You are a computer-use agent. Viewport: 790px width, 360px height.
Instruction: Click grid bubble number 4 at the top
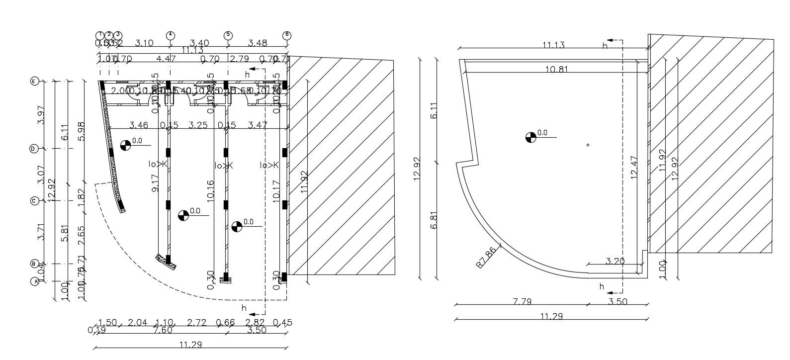click(x=171, y=35)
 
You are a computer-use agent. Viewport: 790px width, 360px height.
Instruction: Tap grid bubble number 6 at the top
click(x=286, y=35)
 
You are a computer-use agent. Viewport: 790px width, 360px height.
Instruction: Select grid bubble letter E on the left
click(x=35, y=81)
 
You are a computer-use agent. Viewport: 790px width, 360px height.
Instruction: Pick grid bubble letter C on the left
click(x=35, y=201)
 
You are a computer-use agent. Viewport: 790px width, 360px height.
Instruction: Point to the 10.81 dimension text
click(x=556, y=70)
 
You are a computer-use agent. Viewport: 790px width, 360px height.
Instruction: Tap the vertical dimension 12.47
click(x=633, y=169)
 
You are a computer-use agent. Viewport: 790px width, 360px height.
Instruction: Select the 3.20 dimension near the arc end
click(x=615, y=261)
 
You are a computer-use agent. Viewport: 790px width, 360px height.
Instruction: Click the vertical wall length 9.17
click(x=156, y=182)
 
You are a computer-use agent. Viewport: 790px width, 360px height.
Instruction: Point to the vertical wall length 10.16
click(x=211, y=190)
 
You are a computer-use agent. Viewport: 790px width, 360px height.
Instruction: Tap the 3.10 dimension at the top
click(x=144, y=43)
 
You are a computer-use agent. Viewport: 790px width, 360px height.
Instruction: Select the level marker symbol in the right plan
click(x=531, y=137)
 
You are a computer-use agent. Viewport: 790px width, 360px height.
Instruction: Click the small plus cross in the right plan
click(x=588, y=145)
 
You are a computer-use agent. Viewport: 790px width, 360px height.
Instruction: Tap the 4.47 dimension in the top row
click(x=166, y=59)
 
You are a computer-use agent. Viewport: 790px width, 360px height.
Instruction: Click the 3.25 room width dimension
click(x=198, y=124)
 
